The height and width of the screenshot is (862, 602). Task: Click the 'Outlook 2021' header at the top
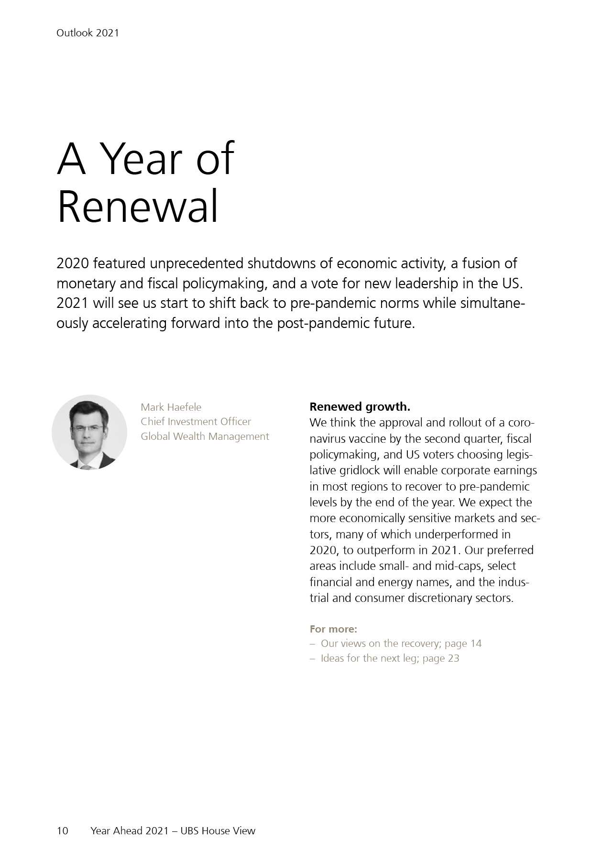pos(88,33)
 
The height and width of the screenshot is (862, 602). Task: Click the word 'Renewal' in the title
pos(138,207)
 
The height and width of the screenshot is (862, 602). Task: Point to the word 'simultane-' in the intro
pos(493,303)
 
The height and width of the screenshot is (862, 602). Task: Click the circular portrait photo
pos(89,432)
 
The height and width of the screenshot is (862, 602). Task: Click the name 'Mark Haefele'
pos(171,407)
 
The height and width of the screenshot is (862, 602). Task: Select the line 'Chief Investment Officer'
pos(196,422)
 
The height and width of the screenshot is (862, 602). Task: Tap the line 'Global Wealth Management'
pos(205,436)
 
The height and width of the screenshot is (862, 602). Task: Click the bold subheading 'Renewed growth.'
pos(360,407)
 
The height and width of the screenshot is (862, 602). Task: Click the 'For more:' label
pos(333,629)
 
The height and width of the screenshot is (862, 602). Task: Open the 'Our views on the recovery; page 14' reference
pos(401,644)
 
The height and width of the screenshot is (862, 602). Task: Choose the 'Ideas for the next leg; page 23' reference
pos(390,658)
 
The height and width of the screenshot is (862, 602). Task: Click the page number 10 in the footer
pos(63,831)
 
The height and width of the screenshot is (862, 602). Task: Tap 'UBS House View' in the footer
pos(218,831)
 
